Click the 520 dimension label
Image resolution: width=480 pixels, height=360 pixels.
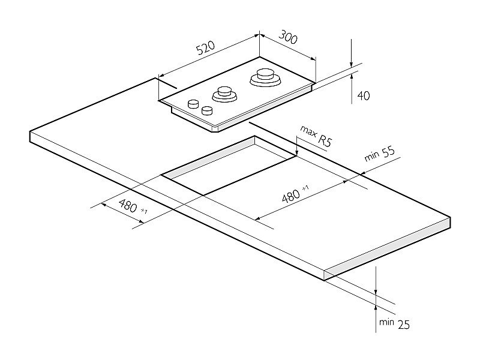pos(205,47)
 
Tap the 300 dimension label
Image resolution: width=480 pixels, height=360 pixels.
pos(288,37)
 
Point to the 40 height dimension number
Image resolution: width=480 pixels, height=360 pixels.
pos(364,96)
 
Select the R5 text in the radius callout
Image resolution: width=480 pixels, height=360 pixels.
pos(325,141)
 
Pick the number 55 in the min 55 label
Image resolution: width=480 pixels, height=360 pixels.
pos(388,151)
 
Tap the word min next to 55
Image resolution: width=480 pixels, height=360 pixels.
pos(371,156)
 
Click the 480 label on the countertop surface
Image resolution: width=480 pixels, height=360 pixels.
pos(291,196)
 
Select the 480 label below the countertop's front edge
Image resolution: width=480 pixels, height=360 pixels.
pos(128,206)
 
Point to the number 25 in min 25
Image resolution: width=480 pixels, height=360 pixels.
pos(403,325)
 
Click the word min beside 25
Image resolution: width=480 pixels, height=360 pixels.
pos(386,322)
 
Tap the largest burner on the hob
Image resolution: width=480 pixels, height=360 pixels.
pos(265,78)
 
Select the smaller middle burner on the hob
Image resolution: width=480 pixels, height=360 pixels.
pos(224,94)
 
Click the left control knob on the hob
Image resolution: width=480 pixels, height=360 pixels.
pos(193,104)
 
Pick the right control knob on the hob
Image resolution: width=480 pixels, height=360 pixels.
pos(208,110)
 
